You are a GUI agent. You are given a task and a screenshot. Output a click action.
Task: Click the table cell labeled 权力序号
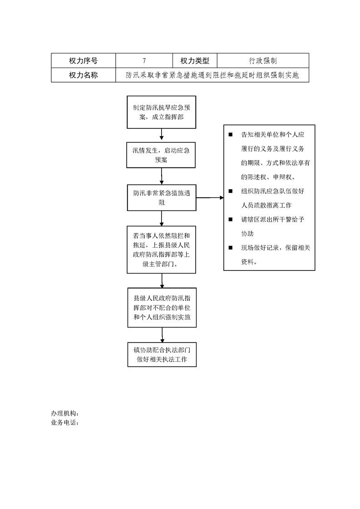pyautogui.click(x=83, y=60)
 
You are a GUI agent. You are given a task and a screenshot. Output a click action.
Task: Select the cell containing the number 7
pyautogui.click(x=144, y=60)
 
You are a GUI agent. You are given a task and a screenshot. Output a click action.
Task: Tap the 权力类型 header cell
pyautogui.click(x=195, y=60)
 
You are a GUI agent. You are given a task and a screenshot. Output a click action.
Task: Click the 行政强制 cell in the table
pyautogui.click(x=263, y=60)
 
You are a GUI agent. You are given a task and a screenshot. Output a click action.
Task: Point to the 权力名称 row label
pyautogui.click(x=83, y=75)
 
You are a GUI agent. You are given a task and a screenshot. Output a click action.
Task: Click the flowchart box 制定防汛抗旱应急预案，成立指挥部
pyautogui.click(x=162, y=112)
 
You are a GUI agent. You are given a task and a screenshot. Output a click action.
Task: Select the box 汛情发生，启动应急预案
pyautogui.click(x=161, y=155)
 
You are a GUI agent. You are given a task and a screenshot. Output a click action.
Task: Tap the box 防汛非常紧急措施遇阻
pyautogui.click(x=162, y=198)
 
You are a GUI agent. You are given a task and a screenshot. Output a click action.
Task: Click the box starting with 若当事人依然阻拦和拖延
pyautogui.click(x=162, y=250)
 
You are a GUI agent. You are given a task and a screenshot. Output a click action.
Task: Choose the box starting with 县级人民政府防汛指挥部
pyautogui.click(x=162, y=308)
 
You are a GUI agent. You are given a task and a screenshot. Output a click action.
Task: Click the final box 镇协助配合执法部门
pyautogui.click(x=162, y=354)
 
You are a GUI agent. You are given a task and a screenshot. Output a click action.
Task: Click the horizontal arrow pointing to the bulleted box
pyautogui.click(x=210, y=197)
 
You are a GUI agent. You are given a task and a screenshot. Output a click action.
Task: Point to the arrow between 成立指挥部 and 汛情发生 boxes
pyautogui.click(x=162, y=134)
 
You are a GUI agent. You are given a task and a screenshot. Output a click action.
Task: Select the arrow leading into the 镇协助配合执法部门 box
pyautogui.click(x=162, y=335)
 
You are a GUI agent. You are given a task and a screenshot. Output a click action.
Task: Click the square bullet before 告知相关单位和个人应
pyautogui.click(x=230, y=134)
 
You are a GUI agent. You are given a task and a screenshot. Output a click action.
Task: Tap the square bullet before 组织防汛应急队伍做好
pyautogui.click(x=230, y=191)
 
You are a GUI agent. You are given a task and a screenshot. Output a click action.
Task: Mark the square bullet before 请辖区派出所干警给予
pyautogui.click(x=230, y=219)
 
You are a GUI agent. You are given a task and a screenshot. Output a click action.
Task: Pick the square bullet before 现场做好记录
pyautogui.click(x=230, y=247)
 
